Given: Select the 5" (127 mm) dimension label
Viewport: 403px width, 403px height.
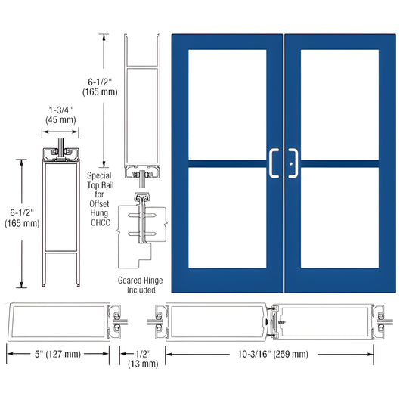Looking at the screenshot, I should [x=59, y=352].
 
